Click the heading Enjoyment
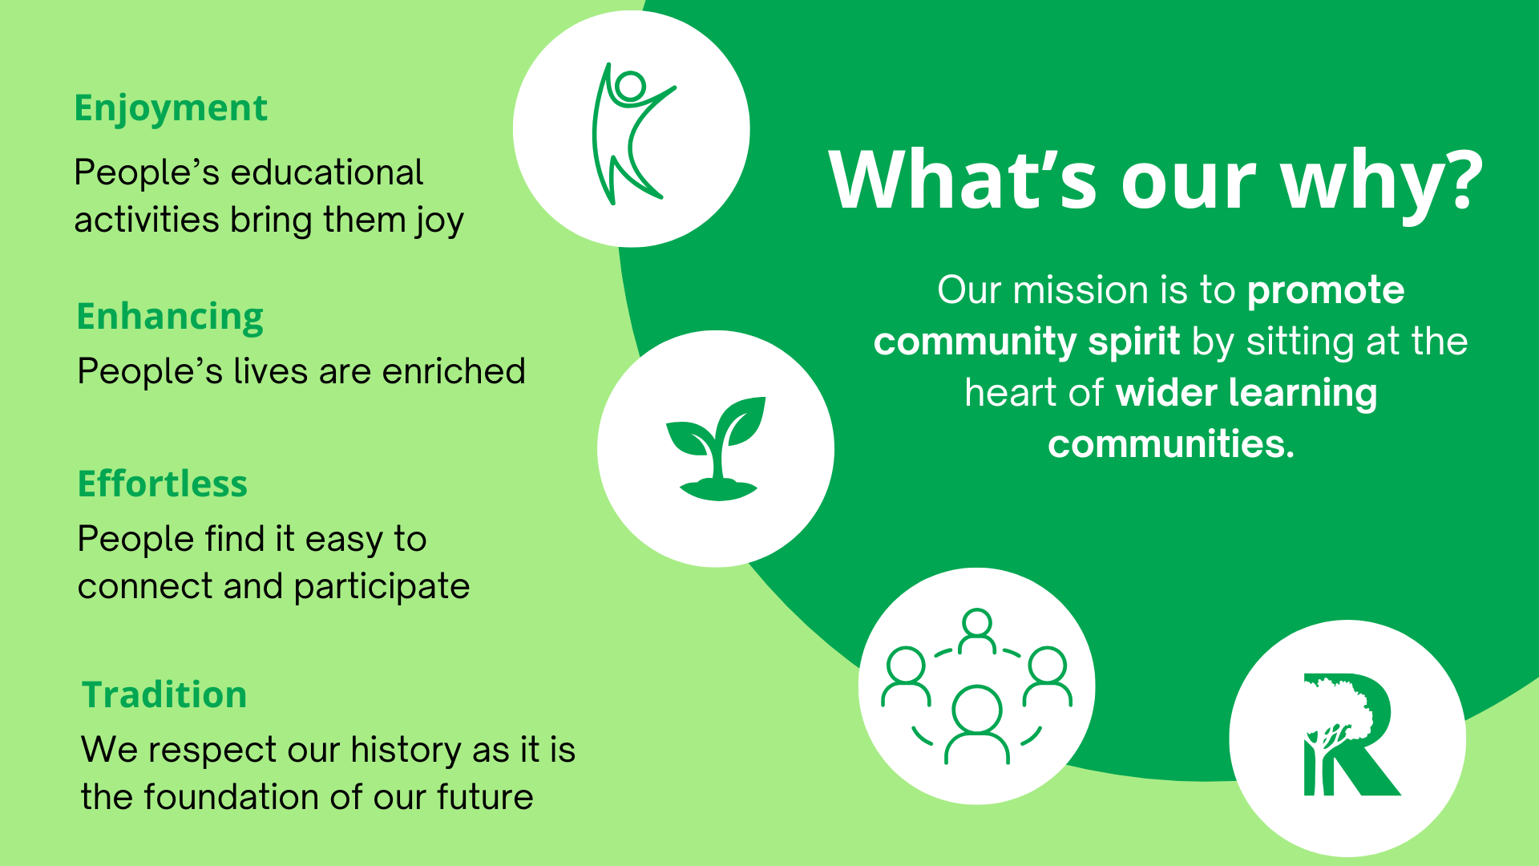[x=170, y=108]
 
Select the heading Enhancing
[x=170, y=317]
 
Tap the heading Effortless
[x=163, y=484]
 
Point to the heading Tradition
[x=164, y=695]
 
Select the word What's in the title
[x=963, y=180]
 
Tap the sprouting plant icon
[x=716, y=447]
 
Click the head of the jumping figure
[x=631, y=87]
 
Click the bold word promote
[x=1326, y=290]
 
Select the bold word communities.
[x=1170, y=444]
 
